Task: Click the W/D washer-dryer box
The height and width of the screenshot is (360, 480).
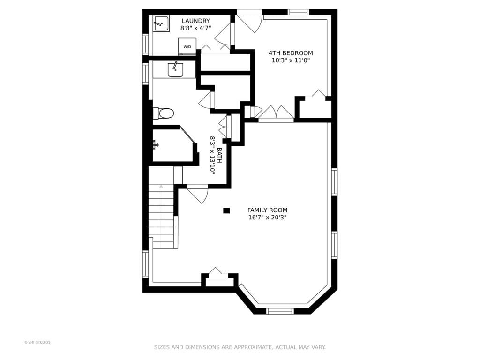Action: tap(187, 46)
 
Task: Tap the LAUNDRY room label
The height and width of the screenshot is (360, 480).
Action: tap(196, 21)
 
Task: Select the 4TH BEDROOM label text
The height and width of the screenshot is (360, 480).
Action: tap(291, 53)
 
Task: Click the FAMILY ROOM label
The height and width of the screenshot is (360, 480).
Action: tap(267, 210)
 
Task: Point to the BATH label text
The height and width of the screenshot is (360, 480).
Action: tap(219, 155)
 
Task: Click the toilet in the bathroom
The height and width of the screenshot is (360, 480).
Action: tap(164, 113)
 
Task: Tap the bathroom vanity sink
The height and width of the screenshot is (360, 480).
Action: tap(175, 69)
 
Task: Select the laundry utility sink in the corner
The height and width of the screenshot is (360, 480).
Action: tap(161, 23)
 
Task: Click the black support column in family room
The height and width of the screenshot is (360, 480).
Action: tap(226, 210)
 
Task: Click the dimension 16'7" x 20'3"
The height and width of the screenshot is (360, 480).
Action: tap(267, 217)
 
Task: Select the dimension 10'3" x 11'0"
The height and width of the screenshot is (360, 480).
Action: tap(291, 60)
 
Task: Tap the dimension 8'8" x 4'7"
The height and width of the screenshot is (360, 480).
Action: tap(196, 28)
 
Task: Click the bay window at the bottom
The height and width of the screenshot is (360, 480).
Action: tap(280, 311)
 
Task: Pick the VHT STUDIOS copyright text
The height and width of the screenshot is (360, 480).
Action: tap(37, 342)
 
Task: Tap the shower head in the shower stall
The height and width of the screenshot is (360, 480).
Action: tap(156, 143)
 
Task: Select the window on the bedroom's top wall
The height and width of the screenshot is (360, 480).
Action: tap(299, 12)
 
